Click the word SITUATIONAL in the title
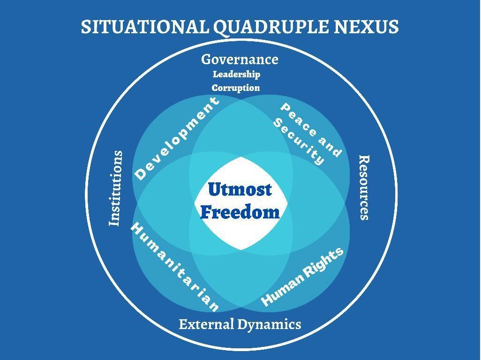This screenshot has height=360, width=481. click(x=145, y=27)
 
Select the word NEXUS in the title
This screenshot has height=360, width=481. click(x=366, y=27)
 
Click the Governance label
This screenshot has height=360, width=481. click(x=240, y=60)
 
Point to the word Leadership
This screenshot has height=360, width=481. click(x=236, y=74)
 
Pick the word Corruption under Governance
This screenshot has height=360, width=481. click(x=236, y=88)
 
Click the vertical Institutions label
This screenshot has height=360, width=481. click(x=116, y=188)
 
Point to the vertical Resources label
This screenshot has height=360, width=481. click(x=364, y=187)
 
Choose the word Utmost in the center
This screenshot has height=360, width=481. click(x=240, y=189)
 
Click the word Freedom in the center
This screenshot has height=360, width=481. click(x=240, y=212)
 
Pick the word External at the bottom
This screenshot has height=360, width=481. click(x=207, y=324)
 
